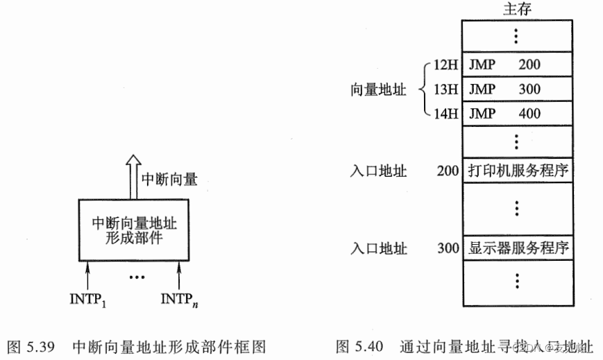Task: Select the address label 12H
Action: point(444,65)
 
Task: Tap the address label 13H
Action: point(444,89)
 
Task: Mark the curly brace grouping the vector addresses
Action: point(423,89)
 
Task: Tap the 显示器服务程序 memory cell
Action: point(518,248)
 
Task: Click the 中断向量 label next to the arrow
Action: point(170,180)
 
